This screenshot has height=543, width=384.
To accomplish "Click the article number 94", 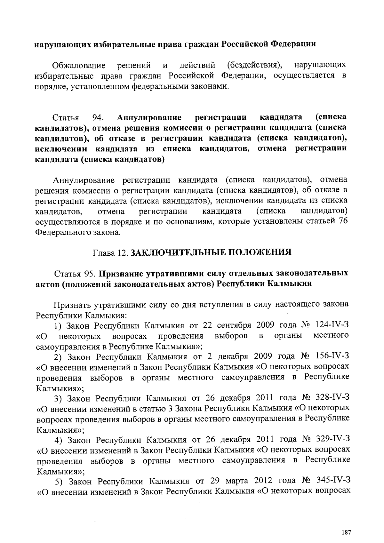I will [97, 117].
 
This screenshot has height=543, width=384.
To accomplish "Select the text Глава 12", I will [110, 253].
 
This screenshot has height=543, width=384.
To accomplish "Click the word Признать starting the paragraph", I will [72, 304].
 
